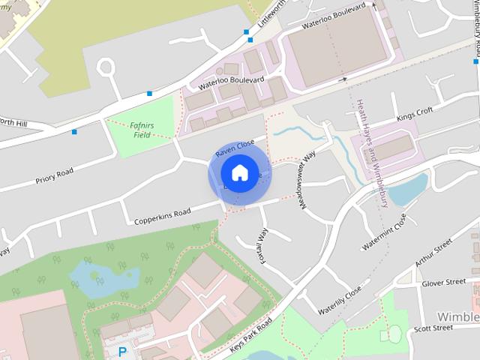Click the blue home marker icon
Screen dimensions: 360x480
click(239, 173)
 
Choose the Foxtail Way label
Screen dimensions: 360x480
click(263, 244)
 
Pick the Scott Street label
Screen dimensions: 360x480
click(433, 328)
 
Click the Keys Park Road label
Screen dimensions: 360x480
click(251, 331)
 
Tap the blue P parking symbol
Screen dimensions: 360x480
click(121, 351)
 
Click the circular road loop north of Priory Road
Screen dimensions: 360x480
click(105, 69)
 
